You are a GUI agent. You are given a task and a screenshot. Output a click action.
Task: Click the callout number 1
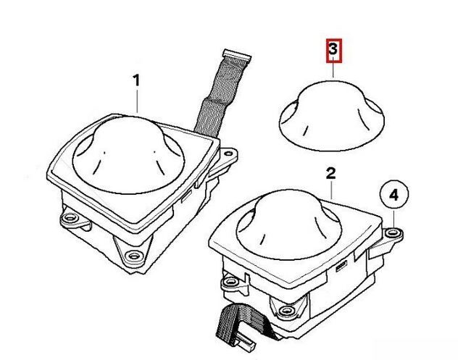[x=136, y=80]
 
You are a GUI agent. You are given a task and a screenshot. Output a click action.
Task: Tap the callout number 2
[x=330, y=173]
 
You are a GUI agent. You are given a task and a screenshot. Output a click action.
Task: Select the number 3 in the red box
[x=333, y=50]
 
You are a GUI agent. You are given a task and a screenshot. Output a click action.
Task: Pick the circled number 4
[x=394, y=194]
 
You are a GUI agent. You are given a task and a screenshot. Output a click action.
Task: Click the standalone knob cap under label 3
[x=332, y=116]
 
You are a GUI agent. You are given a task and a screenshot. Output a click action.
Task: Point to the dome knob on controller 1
[x=128, y=155]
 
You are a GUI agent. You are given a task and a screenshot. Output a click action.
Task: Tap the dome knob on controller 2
[x=288, y=225]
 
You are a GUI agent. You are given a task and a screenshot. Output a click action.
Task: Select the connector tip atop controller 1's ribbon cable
[x=236, y=55]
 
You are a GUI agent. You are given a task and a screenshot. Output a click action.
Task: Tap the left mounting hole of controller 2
[x=230, y=282]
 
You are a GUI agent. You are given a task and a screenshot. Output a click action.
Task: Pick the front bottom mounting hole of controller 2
[x=286, y=310]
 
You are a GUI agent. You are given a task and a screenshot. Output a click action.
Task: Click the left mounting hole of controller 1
[x=70, y=217]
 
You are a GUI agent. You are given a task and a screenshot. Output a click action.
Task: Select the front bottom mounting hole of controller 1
[x=133, y=256]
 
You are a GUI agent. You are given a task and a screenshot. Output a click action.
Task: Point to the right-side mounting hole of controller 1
[x=228, y=154]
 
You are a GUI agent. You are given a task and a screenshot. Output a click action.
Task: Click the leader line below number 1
[x=137, y=101]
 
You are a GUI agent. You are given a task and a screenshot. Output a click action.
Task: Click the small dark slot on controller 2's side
[x=341, y=266]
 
